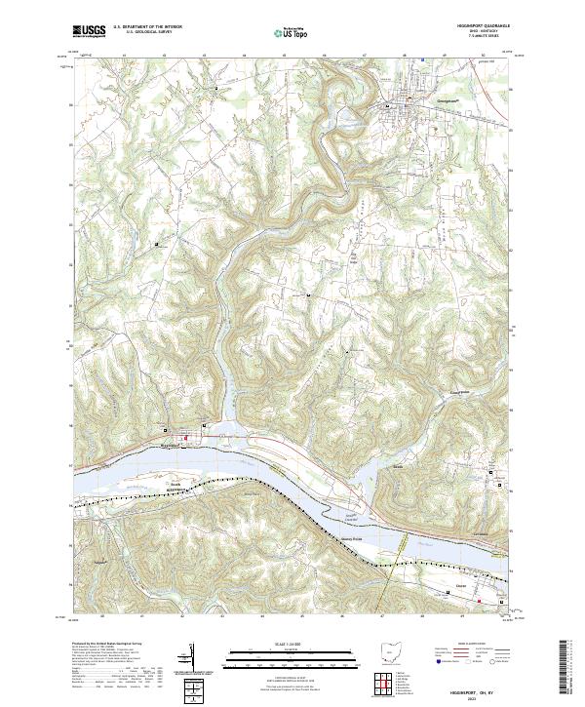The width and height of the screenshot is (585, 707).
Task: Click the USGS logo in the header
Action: coord(89,32)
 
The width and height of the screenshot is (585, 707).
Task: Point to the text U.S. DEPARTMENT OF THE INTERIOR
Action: coord(146,27)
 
